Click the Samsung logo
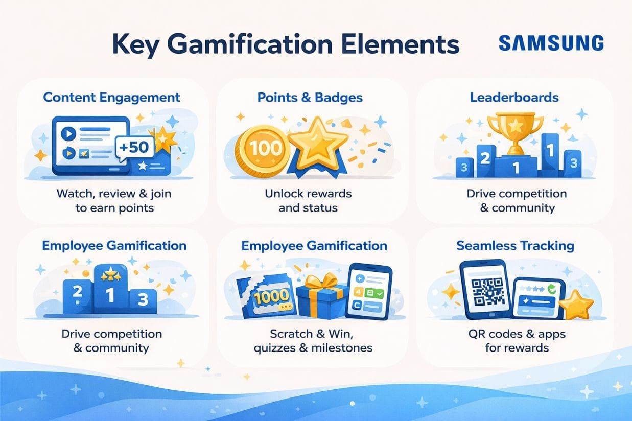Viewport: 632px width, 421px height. (x=551, y=43)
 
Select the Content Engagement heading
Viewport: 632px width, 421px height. (x=111, y=97)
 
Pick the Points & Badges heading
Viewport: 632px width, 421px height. (x=310, y=97)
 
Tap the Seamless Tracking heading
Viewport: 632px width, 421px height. (x=515, y=246)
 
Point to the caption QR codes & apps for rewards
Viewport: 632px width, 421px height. (x=517, y=341)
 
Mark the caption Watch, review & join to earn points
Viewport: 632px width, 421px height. (x=114, y=201)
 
